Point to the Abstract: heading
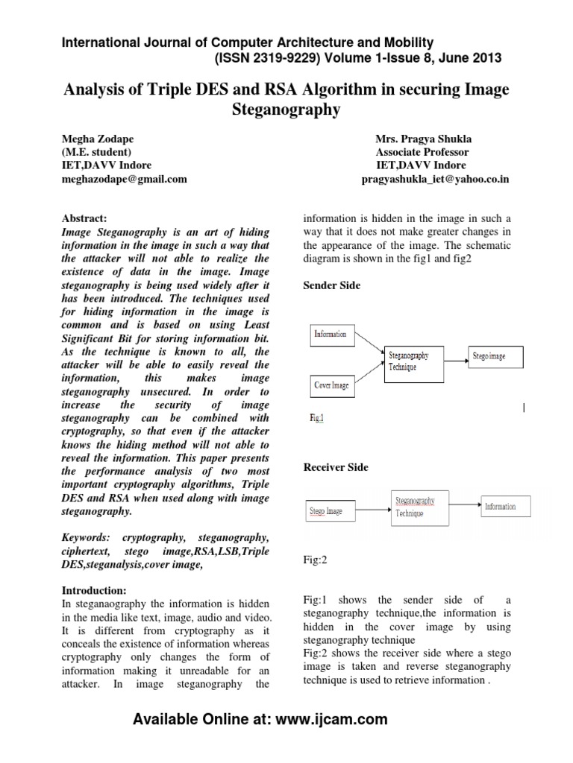84,218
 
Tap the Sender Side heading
332,285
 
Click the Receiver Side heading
335,467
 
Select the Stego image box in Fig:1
495,356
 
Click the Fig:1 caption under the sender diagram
317,419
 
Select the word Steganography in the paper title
286,110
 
